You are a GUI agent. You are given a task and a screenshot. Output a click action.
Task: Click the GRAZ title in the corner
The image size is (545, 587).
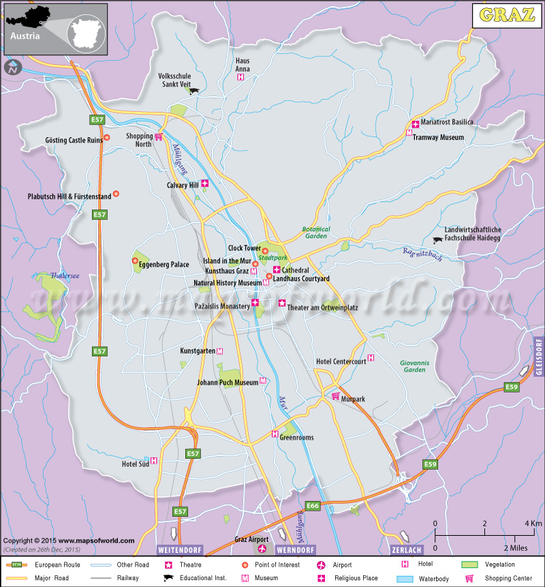click(507, 15)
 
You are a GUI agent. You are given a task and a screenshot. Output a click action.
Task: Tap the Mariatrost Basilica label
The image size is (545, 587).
click(447, 122)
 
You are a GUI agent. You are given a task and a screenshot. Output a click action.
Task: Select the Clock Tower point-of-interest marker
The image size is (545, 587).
click(265, 251)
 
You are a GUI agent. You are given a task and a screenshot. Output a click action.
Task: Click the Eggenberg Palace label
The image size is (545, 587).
click(164, 265)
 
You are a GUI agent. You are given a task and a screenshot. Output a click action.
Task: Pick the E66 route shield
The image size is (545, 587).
click(313, 506)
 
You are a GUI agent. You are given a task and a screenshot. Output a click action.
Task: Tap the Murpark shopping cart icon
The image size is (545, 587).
click(335, 396)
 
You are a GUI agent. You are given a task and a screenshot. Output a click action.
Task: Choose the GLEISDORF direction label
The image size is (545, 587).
click(538, 355)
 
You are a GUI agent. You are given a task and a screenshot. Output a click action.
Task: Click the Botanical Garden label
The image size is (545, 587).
click(316, 232)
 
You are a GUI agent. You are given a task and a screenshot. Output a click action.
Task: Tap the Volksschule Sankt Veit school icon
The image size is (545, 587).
click(195, 91)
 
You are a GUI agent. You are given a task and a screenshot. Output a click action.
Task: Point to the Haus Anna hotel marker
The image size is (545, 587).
click(240, 78)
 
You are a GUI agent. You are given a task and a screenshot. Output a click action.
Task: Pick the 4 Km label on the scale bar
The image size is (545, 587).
click(533, 523)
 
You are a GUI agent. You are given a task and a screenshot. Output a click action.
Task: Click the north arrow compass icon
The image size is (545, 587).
click(12, 67)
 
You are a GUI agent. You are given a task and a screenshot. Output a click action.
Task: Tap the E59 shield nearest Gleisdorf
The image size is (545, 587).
click(512, 387)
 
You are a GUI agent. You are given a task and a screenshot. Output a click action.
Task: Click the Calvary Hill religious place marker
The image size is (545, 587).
click(204, 183)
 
